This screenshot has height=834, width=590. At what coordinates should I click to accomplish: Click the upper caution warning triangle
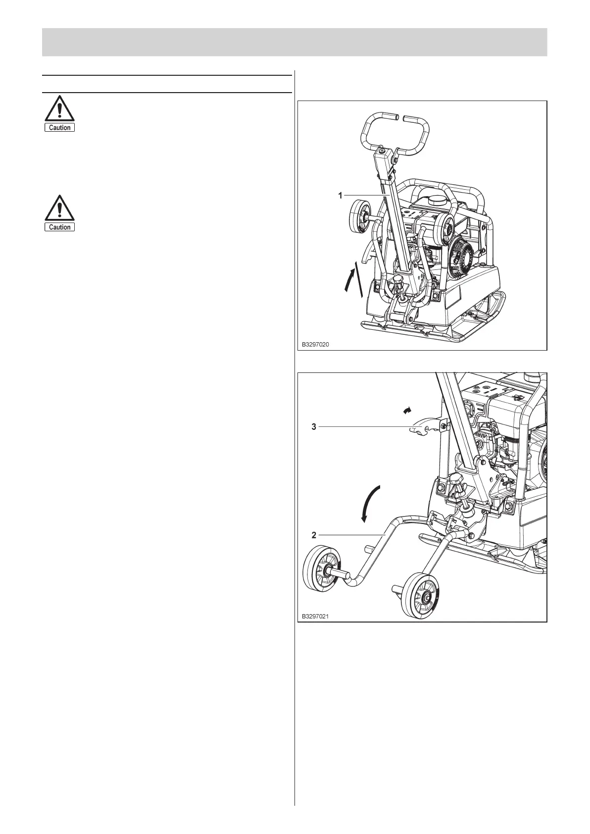click(x=59, y=108)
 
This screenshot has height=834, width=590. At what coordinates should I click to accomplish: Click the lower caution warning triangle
click(x=59, y=208)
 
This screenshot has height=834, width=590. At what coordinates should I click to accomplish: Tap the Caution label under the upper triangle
click(x=60, y=128)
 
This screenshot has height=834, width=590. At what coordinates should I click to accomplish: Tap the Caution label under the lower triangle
click(x=60, y=227)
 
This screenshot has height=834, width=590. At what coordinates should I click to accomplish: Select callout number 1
click(x=340, y=196)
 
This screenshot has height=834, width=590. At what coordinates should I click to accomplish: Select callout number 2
click(x=314, y=535)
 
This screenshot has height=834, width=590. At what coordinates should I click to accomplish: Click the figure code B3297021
click(x=316, y=617)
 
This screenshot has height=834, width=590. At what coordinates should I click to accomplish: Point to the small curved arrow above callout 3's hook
click(x=407, y=410)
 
